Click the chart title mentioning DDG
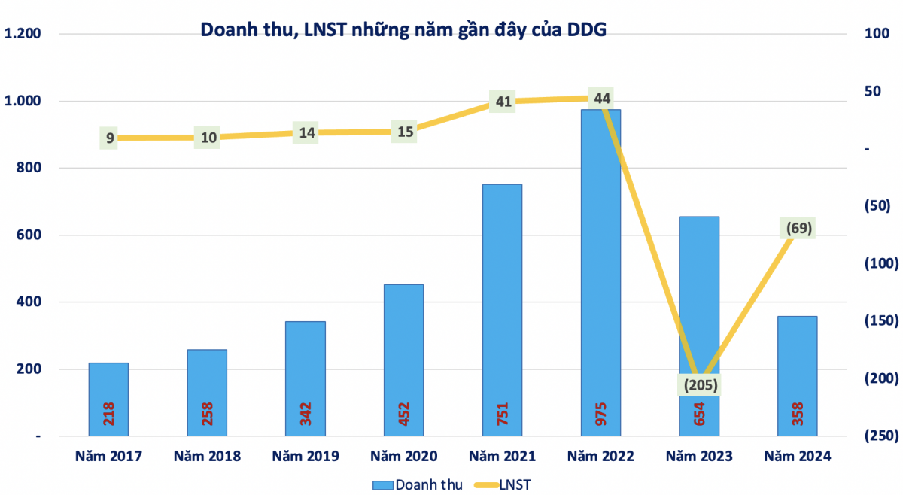click(x=403, y=29)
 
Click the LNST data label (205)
click(x=699, y=385)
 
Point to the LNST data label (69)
click(x=798, y=228)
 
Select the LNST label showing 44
click(x=601, y=98)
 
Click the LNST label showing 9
click(x=110, y=138)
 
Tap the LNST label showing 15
click(x=405, y=132)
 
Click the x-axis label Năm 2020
click(x=404, y=456)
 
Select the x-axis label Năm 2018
click(x=207, y=456)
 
